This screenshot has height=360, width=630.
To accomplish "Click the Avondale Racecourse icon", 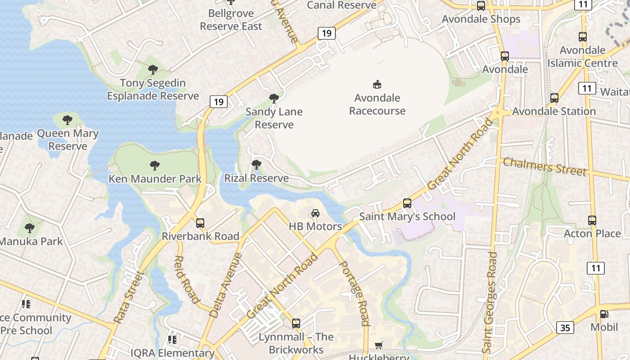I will click(x=377, y=84).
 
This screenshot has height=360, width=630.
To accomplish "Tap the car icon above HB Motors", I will click(x=315, y=213).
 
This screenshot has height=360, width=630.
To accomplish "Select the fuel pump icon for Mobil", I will click(x=604, y=314).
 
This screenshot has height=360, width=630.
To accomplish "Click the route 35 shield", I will click(x=565, y=328).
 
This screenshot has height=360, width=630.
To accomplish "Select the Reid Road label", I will click(x=186, y=279).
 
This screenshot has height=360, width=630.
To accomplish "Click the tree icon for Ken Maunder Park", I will click(x=155, y=165).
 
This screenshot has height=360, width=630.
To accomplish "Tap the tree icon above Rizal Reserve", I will click(x=256, y=165).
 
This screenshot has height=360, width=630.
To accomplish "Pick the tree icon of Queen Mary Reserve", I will click(x=67, y=120).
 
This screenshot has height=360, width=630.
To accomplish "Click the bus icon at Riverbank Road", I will click(x=200, y=223).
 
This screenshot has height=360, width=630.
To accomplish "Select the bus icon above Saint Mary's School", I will click(x=407, y=203).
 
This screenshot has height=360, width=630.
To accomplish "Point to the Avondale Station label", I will click(x=554, y=111).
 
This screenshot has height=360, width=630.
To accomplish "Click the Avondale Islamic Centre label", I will click(x=582, y=57).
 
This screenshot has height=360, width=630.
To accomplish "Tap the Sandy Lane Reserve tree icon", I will click(x=274, y=99).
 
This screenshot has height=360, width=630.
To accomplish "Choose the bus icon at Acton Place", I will click(x=592, y=220).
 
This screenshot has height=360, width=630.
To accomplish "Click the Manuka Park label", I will click(x=31, y=241).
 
